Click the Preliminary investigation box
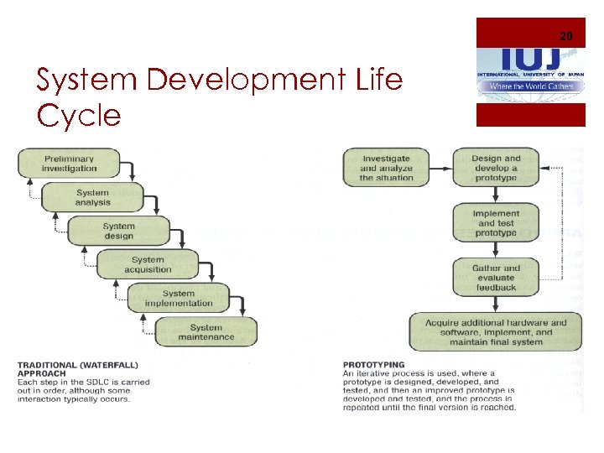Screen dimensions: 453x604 point(70,164)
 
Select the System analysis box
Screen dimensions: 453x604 point(92,197)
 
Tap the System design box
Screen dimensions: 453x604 point(118,231)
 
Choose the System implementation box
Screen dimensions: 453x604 point(179,299)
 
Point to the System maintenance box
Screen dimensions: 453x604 point(206,332)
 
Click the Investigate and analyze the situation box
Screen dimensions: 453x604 point(386,168)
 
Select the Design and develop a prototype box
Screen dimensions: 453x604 point(496,168)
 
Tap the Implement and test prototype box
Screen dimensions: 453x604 point(496,222)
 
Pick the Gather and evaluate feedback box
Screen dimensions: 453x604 point(496,278)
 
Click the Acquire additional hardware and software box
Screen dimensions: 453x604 point(496,332)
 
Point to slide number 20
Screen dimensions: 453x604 point(565,36)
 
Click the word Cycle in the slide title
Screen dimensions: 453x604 point(79,116)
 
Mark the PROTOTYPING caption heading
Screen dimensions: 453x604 point(373,365)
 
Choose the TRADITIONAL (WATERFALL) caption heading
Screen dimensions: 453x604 point(78,365)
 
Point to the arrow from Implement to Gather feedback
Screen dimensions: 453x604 point(496,251)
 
